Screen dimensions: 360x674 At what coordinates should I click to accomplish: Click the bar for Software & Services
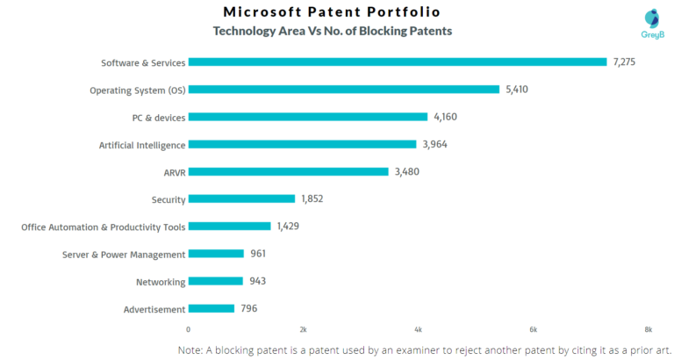coord(398,61)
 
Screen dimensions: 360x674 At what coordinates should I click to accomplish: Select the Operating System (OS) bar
coord(344,89)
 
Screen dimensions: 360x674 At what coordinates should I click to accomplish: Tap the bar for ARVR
coord(288,171)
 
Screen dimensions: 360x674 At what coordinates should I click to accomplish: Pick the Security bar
coord(241,198)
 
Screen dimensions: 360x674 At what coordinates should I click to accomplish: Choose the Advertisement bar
coord(212,308)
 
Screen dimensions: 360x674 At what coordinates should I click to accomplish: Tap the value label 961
coord(257,254)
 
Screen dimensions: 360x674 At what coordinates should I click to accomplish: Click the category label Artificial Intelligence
coord(142,145)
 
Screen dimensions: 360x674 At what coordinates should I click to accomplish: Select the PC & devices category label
coord(153,118)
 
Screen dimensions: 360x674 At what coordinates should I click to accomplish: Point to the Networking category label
coord(161,282)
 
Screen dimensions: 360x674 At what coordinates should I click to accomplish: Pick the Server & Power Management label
coord(124,255)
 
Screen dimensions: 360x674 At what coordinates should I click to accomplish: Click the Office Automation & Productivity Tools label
coord(104,227)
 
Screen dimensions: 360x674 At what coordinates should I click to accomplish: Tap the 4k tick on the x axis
coord(419,329)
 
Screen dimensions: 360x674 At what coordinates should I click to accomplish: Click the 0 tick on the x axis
coord(189,329)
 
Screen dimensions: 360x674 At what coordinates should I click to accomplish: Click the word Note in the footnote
coord(193,349)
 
